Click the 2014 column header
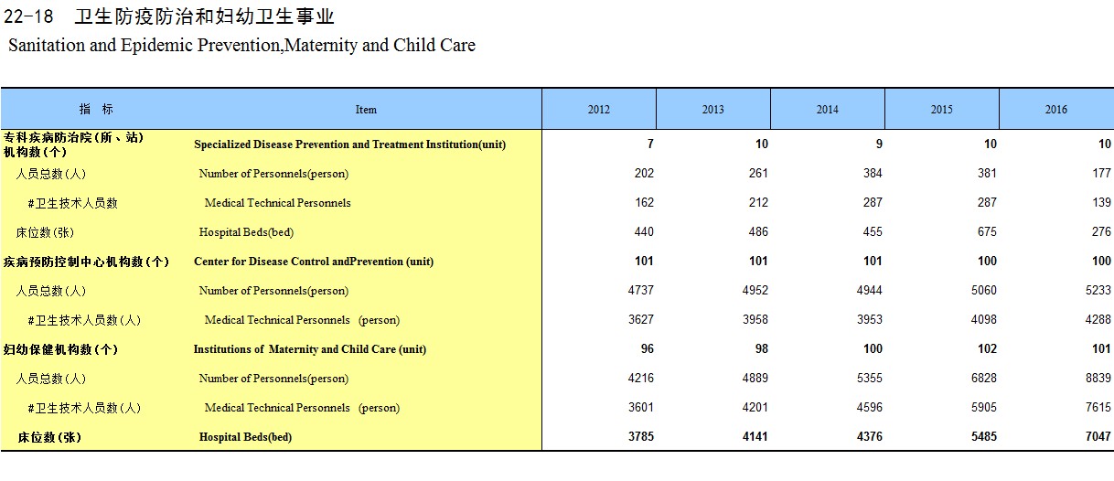click(827, 110)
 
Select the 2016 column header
click(1055, 110)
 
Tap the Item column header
click(366, 110)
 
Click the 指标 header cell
click(96, 109)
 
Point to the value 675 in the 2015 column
click(987, 231)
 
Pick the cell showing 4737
click(640, 290)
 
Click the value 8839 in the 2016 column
click(1098, 378)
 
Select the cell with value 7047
click(1098, 437)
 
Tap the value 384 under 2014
click(873, 173)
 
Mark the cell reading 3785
click(640, 437)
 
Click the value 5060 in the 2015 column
click(984, 290)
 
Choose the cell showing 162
click(644, 202)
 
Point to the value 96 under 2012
click(648, 348)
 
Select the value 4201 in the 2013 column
click(755, 407)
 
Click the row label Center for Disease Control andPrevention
click(314, 262)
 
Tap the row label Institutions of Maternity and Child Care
click(310, 349)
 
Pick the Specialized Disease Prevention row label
click(349, 144)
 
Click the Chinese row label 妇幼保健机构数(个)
click(60, 349)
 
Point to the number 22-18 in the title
click(28, 16)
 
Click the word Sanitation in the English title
click(47, 45)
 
